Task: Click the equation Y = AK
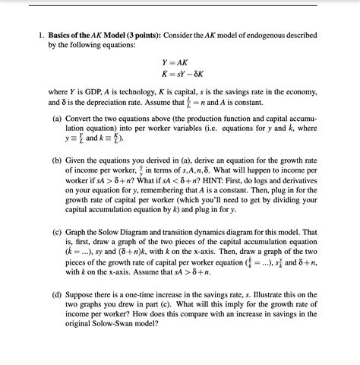tap(177, 63)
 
